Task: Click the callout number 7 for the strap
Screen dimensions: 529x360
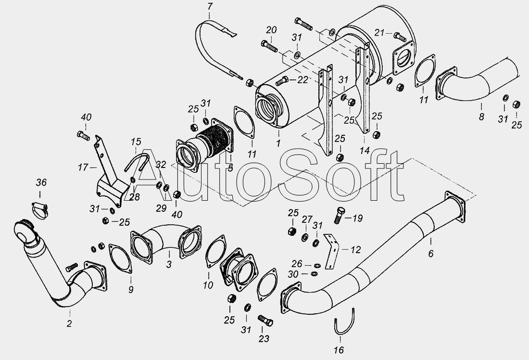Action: point(210,6)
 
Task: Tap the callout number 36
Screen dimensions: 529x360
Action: point(41,183)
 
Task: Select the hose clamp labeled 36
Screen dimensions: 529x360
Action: point(40,209)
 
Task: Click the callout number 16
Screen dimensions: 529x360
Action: point(339,350)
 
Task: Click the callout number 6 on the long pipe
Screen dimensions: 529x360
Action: point(430,253)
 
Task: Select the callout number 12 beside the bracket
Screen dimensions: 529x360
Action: point(355,250)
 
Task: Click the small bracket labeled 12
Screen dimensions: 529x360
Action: point(332,251)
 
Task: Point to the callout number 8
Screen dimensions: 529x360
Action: point(481,117)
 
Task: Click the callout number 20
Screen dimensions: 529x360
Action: point(271,30)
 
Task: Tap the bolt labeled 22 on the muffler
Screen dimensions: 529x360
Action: point(282,81)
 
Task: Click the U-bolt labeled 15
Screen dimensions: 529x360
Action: point(137,161)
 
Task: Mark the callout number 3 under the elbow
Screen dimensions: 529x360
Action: point(169,264)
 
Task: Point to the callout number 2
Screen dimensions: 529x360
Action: point(69,323)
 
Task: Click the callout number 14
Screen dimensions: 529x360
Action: point(365,151)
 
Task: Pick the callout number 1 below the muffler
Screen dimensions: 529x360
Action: point(278,143)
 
